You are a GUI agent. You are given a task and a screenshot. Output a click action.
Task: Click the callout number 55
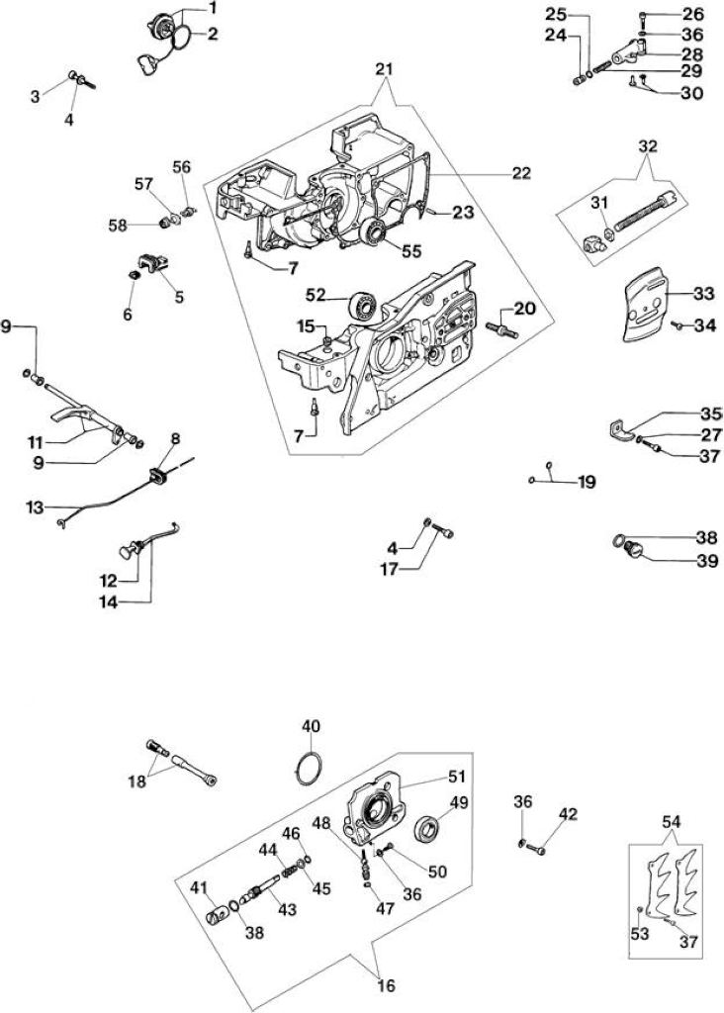(x=410, y=251)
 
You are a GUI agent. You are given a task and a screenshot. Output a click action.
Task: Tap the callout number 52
(x=317, y=295)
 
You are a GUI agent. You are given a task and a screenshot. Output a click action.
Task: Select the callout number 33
(x=704, y=294)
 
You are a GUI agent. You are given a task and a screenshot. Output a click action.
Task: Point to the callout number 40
(x=311, y=726)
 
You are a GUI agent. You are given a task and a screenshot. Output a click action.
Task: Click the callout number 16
(x=385, y=986)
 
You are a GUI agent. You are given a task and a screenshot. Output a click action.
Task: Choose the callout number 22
(x=521, y=173)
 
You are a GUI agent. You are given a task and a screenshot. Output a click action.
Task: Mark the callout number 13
(x=35, y=507)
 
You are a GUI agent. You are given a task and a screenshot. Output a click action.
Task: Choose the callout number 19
(x=587, y=482)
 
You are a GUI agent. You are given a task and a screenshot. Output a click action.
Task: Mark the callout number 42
(x=569, y=813)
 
